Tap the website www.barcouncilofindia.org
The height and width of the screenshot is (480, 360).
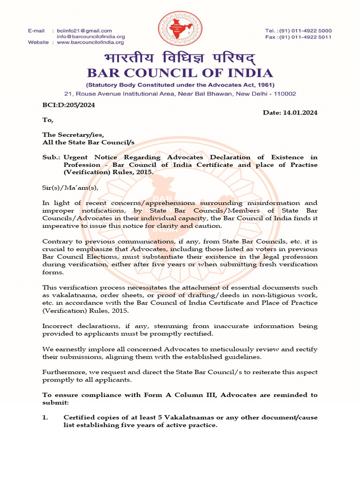[x=90, y=42]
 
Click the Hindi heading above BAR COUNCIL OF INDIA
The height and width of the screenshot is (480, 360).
[x=180, y=59]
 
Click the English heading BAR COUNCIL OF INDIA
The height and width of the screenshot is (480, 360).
[x=180, y=73]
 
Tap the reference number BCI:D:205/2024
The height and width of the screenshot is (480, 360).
[x=68, y=105]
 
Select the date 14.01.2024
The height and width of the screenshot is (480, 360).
[x=300, y=113]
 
